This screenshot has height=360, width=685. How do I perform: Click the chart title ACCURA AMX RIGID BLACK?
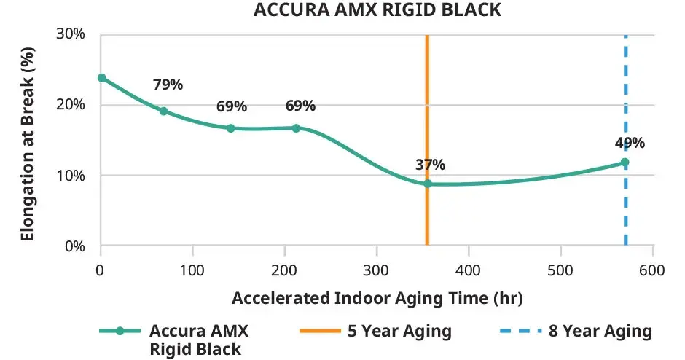[378, 10]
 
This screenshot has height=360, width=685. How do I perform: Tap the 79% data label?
[168, 85]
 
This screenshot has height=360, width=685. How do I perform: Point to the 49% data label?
[630, 143]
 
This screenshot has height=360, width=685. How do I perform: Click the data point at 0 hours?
[102, 78]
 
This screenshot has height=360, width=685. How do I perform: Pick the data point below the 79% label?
[164, 111]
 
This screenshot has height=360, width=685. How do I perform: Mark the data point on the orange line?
[428, 184]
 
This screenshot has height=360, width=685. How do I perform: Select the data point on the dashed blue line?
[625, 163]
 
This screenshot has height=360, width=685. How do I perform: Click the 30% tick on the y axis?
[72, 34]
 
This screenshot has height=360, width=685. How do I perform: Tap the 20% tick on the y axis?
[72, 105]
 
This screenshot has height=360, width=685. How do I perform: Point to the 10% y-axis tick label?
[72, 176]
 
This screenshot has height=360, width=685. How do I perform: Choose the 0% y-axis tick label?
[76, 246]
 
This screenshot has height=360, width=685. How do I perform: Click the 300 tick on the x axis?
[376, 270]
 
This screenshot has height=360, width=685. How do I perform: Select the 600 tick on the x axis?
[652, 270]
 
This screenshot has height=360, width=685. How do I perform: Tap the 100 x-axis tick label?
[192, 270]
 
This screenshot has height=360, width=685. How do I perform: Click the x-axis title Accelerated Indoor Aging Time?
[377, 299]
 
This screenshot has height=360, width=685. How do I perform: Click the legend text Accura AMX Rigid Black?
[199, 340]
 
